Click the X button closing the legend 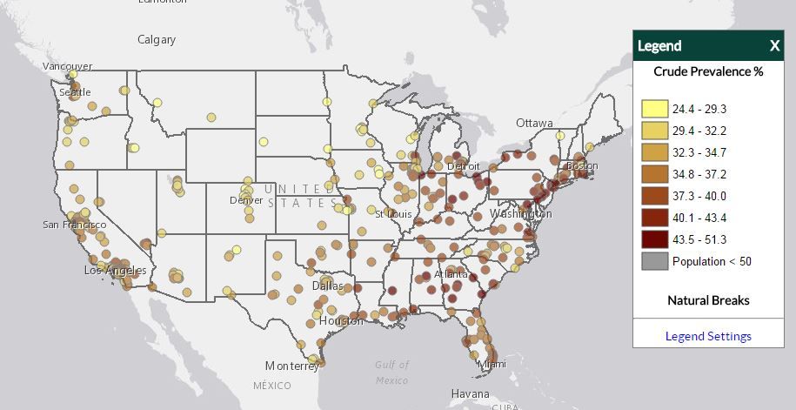pyautogui.click(x=774, y=46)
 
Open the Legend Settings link pyautogui.click(x=708, y=336)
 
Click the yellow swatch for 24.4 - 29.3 pyautogui.click(x=655, y=110)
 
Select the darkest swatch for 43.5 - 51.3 pyautogui.click(x=655, y=239)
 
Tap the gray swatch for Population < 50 pyautogui.click(x=655, y=261)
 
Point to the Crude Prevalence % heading pyautogui.click(x=708, y=71)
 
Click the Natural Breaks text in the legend pyautogui.click(x=708, y=300)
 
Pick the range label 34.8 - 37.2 pyautogui.click(x=699, y=174)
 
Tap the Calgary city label pyautogui.click(x=157, y=39)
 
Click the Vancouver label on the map pyautogui.click(x=68, y=66)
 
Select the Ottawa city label pyautogui.click(x=534, y=123)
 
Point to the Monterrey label pyautogui.click(x=292, y=366)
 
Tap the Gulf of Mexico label pyautogui.click(x=391, y=373)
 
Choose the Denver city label pyautogui.click(x=245, y=200)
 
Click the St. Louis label pyautogui.click(x=393, y=213)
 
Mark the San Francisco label pyautogui.click(x=74, y=225)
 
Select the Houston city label pyautogui.click(x=341, y=320)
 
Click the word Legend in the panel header pyautogui.click(x=659, y=46)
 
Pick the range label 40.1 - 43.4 pyautogui.click(x=699, y=218)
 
